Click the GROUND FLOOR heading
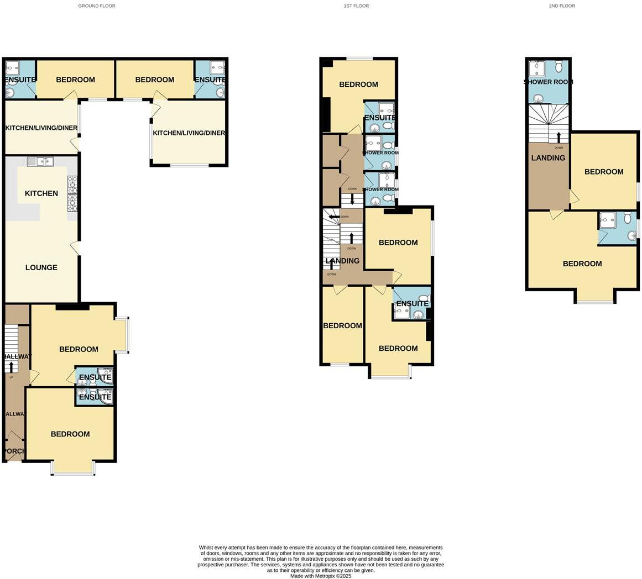(97, 6)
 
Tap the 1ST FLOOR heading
(356, 6)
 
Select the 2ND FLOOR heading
(562, 6)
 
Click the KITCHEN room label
(41, 193)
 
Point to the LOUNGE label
(41, 267)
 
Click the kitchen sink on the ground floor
(40, 161)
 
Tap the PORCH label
(14, 451)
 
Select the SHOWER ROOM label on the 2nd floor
(548, 82)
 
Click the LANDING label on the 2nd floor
(548, 158)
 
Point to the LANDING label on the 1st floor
(342, 261)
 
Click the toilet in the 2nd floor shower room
(559, 67)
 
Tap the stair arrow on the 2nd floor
(559, 137)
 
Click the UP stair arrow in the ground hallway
(12, 366)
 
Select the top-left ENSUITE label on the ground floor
(20, 80)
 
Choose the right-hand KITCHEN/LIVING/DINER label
(189, 133)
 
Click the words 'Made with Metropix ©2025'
(321, 576)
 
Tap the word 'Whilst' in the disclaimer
(206, 548)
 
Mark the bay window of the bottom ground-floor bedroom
(73, 469)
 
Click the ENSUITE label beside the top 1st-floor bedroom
(380, 118)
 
